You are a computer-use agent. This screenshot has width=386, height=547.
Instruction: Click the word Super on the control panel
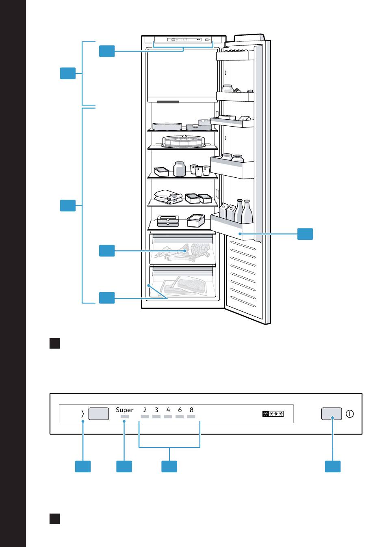click(124, 410)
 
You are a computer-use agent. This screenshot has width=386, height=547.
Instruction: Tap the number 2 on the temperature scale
click(145, 410)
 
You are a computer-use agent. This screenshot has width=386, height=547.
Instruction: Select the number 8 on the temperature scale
click(191, 410)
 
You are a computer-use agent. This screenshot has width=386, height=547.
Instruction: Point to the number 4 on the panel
click(168, 410)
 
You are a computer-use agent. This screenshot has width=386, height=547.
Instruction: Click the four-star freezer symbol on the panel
click(273, 413)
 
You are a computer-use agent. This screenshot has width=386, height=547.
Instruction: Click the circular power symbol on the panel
click(349, 413)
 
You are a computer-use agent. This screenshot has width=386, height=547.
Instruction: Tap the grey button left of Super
click(98, 413)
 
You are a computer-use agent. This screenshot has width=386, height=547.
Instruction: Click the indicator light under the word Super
click(124, 416)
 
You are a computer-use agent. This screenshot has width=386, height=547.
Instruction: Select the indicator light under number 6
click(180, 416)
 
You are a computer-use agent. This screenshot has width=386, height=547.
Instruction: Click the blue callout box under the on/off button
click(333, 466)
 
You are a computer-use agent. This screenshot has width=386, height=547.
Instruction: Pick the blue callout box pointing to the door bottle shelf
click(305, 234)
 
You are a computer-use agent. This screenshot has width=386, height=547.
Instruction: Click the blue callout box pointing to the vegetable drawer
click(107, 250)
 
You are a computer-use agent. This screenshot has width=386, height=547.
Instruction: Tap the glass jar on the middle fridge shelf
click(180, 169)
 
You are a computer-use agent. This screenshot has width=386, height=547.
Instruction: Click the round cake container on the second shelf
click(184, 141)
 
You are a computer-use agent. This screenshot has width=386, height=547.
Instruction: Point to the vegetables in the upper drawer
click(182, 252)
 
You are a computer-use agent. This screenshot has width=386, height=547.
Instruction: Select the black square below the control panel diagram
click(55, 519)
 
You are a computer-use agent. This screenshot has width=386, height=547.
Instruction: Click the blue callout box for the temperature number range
click(169, 466)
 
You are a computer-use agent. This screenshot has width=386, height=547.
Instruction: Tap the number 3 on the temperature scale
click(156, 410)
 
